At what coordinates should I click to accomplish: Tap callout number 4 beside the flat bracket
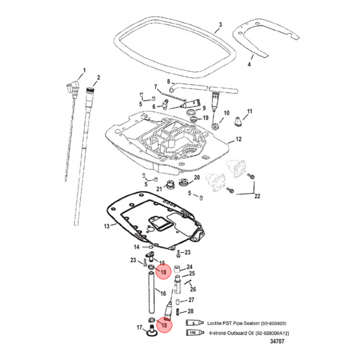point(250,64)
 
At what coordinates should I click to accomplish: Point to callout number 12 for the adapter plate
point(238,139)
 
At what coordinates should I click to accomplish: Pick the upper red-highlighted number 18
point(163,272)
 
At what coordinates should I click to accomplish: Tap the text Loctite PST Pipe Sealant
point(234,322)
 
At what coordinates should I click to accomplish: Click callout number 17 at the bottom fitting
point(139,328)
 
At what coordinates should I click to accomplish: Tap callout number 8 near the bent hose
point(169,81)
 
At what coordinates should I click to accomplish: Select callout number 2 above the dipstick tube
point(98,77)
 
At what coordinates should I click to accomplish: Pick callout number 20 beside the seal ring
point(196,177)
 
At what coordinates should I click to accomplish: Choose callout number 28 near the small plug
point(190,311)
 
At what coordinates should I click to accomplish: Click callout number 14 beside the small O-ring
point(136,247)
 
